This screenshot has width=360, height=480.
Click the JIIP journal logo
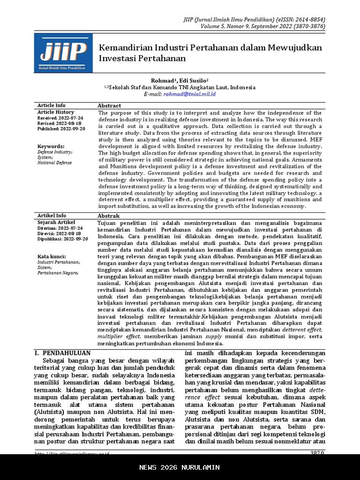click(x=63, y=53)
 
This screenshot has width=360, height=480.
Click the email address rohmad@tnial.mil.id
click(x=189, y=94)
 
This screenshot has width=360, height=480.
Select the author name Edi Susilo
click(x=194, y=81)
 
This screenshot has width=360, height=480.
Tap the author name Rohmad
click(x=162, y=81)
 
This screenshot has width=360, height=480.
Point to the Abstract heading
click(x=109, y=106)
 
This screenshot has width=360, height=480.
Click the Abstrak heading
click(x=109, y=216)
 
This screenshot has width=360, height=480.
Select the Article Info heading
click(x=52, y=105)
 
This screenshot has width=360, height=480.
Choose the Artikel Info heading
click(x=52, y=216)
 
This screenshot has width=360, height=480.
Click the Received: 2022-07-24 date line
click(x=60, y=118)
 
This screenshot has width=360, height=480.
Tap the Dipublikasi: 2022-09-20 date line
click(x=63, y=239)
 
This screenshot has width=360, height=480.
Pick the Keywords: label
click(x=51, y=146)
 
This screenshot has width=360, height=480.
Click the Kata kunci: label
click(x=52, y=256)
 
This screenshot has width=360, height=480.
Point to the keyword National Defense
click(x=55, y=163)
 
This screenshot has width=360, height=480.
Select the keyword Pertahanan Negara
click(x=58, y=273)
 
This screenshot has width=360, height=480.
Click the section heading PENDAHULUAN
click(x=66, y=353)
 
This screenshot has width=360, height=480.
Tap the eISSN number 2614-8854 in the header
click(x=308, y=20)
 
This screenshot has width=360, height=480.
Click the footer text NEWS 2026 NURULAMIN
click(x=180, y=467)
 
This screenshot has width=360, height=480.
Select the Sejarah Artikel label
click(x=56, y=222)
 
